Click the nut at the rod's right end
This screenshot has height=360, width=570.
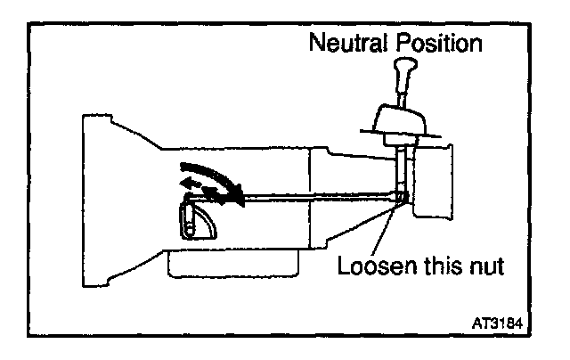tap(403, 197)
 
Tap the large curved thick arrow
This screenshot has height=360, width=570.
tap(214, 179)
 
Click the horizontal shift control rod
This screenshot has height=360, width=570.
tap(312, 200)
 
